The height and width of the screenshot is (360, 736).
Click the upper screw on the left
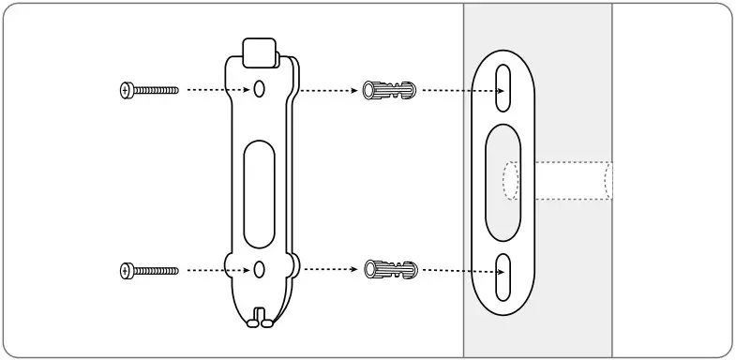coord(150,90)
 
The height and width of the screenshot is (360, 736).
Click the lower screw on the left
coord(150,271)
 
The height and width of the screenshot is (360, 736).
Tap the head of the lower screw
coord(128,271)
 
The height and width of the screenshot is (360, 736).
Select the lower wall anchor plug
coord(388,270)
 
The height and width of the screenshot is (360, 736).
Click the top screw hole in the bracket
coord(260,89)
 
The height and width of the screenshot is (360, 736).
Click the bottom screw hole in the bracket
coord(260,270)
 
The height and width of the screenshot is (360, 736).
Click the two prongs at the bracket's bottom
coord(260,319)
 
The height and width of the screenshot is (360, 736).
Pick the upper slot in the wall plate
coord(504,86)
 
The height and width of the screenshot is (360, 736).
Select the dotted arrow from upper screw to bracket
coord(215,90)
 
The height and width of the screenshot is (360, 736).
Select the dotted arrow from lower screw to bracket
coord(215,271)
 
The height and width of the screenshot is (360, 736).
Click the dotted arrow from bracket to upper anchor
coord(328,91)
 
